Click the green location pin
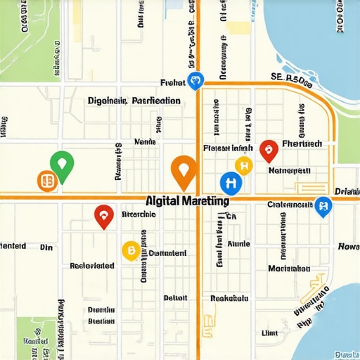click(63, 165)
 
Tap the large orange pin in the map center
click(184, 171)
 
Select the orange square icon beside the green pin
click(46, 181)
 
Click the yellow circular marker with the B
click(130, 250)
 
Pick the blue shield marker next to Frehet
click(195, 81)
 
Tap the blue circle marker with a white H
click(231, 183)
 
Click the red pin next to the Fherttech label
click(268, 149)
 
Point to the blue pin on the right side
click(323, 206)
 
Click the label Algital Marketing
click(187, 201)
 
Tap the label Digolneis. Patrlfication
click(134, 101)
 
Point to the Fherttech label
click(301, 143)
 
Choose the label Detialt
click(175, 297)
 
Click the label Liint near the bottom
click(270, 333)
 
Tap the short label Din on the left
click(46, 247)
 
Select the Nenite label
click(144, 141)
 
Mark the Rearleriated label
click(92, 266)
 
